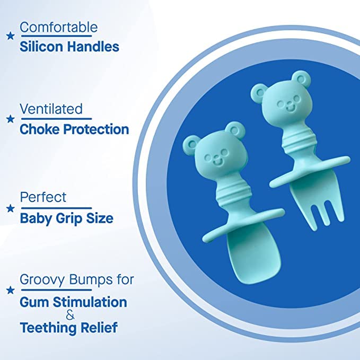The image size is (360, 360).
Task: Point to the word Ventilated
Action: point(51,109)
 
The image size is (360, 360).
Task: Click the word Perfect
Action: point(43,197)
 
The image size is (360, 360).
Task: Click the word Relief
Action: point(102,328)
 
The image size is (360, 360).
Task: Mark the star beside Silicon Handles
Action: point(10,36)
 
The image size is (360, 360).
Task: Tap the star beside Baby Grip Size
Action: point(10,208)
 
